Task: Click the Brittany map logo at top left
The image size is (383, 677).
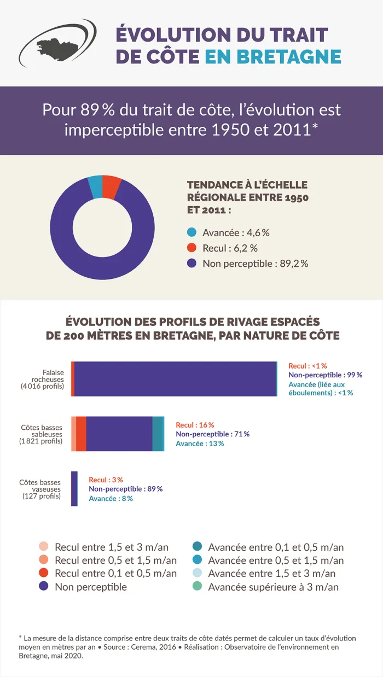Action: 57,44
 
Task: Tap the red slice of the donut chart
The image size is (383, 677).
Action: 111,186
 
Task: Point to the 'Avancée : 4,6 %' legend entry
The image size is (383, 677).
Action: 229,232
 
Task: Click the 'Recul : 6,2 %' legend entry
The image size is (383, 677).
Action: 223,248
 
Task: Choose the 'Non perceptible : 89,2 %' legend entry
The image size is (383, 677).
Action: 248,264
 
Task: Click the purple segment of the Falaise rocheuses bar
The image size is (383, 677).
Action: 175,378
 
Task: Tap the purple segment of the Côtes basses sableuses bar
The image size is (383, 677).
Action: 119,434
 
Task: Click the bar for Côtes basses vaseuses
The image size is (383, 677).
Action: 74,488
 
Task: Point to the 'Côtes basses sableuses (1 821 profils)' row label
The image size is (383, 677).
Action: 41,434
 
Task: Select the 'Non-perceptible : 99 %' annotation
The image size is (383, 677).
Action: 325,375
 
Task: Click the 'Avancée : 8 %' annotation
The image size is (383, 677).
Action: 111,498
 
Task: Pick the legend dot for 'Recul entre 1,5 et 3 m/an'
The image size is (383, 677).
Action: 44,547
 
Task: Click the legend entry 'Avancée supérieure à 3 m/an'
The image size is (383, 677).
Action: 273,587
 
